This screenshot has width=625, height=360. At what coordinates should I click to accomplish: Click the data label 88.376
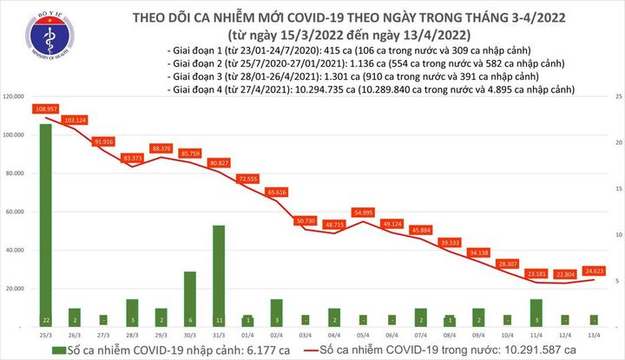coord(161,148)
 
